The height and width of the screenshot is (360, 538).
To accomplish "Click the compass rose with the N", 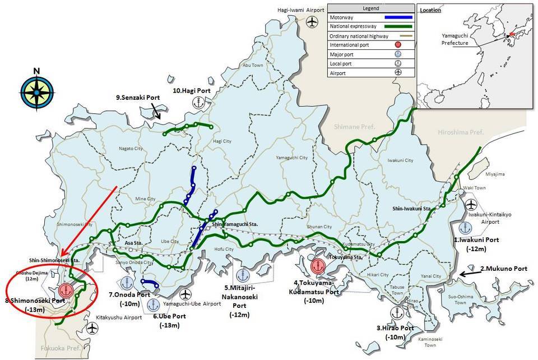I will point(37,92).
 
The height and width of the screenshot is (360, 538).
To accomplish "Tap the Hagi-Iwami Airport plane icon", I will point(312,21).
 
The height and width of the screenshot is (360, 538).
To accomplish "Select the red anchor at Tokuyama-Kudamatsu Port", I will point(318,266).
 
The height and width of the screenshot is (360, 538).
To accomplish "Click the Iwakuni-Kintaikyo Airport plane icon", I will point(470,204).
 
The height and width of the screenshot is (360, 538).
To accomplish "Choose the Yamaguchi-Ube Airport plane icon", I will point(186,294).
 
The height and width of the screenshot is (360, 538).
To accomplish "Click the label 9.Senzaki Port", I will point(138,98).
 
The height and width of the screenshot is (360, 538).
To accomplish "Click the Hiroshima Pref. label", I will point(460,132).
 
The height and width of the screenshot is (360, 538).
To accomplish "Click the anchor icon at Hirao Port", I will point(398,312).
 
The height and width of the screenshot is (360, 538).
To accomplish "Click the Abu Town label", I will point(253,66).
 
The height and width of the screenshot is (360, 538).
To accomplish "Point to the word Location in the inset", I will point(430,10).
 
